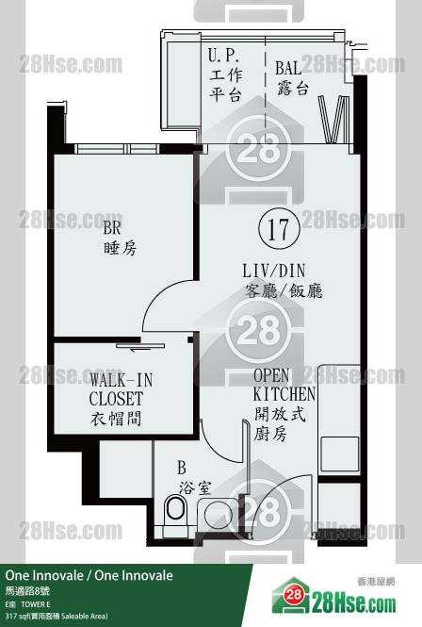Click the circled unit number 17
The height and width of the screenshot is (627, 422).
coord(279,229)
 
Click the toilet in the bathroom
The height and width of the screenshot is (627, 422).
coord(175,508)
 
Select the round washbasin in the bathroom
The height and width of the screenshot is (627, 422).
coord(218,515)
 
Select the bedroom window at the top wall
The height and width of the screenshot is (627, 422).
coord(117,148)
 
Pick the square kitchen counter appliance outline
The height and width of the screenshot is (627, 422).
coord(340,454)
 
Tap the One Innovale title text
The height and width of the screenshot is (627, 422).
coord(89,575)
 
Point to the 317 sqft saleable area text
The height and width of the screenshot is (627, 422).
coord(57,617)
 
